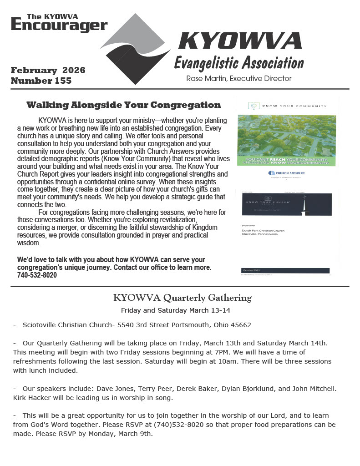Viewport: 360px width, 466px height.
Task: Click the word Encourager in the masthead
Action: [x=59, y=25]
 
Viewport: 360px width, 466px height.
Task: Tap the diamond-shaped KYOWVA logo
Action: [x=135, y=49]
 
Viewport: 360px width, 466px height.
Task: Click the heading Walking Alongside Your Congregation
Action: [x=123, y=105]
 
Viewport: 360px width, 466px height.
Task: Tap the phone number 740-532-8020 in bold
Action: [x=37, y=275]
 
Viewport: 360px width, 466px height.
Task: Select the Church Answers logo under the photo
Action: [x=287, y=173]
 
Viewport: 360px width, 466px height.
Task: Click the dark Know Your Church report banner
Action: [x=286, y=204]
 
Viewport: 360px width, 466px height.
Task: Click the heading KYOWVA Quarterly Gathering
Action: [x=182, y=298]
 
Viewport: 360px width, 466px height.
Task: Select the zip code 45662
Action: [x=240, y=325]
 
